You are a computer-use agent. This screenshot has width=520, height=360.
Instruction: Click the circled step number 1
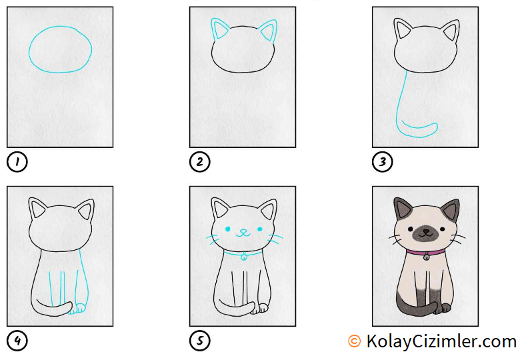(17, 162)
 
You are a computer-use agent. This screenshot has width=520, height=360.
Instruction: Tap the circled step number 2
(199, 162)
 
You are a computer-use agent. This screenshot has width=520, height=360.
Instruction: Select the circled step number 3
(383, 162)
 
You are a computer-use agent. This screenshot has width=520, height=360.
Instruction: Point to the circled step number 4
(17, 341)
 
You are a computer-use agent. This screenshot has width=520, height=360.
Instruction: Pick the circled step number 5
(199, 341)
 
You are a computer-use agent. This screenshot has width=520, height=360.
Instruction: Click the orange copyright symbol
(354, 341)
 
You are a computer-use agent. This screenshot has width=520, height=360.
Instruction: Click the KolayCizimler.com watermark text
(441, 341)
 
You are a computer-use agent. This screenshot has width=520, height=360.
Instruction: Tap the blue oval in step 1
(29, 50)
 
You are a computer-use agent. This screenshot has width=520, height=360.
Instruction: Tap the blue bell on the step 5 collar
(244, 257)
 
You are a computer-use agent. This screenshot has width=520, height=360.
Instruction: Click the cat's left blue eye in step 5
(228, 229)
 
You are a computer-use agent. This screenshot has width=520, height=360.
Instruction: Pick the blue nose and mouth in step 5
(243, 233)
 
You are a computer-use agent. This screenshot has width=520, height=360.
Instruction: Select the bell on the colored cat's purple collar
(426, 256)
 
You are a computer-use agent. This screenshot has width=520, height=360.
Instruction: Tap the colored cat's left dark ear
(401, 208)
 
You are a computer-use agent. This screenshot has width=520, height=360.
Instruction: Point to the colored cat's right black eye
(442, 229)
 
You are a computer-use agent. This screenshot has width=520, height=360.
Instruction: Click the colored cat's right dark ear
(452, 209)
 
